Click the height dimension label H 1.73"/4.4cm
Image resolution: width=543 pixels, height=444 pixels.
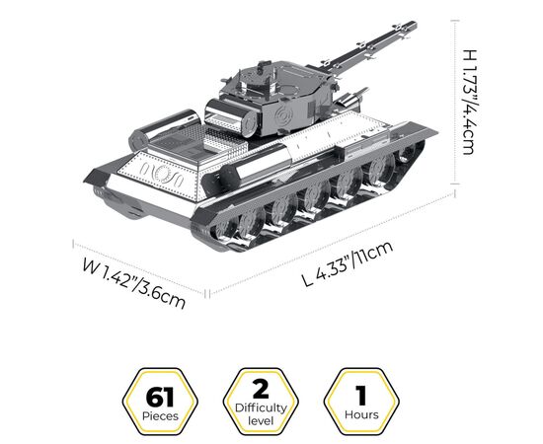470,102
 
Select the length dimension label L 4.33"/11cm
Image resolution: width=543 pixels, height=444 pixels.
348,263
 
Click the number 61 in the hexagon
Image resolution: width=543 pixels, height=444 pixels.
160,398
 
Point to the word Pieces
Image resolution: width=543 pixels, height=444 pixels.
160,416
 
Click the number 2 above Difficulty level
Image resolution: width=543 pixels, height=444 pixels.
261,390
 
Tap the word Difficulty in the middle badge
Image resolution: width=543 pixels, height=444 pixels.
261,408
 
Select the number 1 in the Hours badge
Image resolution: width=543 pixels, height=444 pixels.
361,396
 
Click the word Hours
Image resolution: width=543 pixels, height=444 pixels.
361,414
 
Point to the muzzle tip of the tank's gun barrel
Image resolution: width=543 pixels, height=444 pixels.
415,25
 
